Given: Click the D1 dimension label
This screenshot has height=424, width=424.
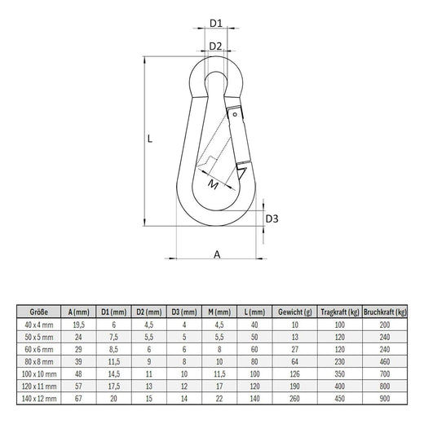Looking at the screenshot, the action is (216, 24).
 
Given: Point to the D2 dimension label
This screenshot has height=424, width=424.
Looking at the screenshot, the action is (215, 46).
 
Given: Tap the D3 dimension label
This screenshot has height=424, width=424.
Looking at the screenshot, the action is (272, 219).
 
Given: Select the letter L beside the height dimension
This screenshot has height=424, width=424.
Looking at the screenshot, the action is (150, 139).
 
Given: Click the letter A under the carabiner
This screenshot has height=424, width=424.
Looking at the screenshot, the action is (217, 254).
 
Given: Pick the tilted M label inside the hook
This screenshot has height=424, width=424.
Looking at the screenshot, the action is (214, 184).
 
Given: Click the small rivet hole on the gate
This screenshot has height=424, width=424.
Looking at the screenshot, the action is (235, 114).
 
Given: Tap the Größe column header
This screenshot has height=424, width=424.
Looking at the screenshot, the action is (39, 311).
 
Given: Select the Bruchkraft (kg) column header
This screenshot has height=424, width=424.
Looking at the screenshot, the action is (385, 312).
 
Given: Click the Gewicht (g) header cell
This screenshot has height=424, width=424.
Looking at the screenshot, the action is (295, 312).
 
